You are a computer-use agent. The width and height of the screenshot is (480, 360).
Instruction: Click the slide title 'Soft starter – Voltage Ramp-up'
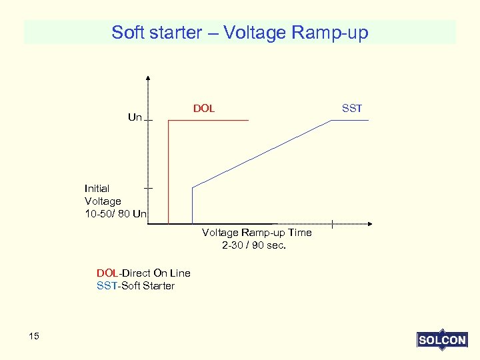click(240, 32)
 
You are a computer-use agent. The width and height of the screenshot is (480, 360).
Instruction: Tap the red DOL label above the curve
click(204, 108)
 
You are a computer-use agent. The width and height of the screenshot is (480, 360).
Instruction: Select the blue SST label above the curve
click(351, 108)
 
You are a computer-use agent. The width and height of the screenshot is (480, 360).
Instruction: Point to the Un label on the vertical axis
click(135, 117)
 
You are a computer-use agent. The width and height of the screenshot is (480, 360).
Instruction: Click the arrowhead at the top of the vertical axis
click(148, 77)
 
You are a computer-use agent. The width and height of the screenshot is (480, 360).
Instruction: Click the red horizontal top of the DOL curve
click(208, 120)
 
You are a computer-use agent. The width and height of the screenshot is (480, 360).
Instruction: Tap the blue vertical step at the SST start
click(192, 205)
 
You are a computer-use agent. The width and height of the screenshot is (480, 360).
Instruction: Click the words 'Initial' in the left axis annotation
click(97, 189)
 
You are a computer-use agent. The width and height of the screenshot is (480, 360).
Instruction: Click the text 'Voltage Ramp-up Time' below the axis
click(257, 233)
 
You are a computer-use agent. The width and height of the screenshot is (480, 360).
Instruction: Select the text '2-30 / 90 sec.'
click(254, 245)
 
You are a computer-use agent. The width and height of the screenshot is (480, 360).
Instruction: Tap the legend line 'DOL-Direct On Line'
click(143, 273)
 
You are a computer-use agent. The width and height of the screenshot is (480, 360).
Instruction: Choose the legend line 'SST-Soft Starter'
click(135, 286)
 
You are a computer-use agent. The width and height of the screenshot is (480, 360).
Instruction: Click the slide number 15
click(34, 336)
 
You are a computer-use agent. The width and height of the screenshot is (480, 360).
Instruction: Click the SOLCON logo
click(441, 340)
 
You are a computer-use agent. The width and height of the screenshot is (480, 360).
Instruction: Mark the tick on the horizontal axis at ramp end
click(331, 224)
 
